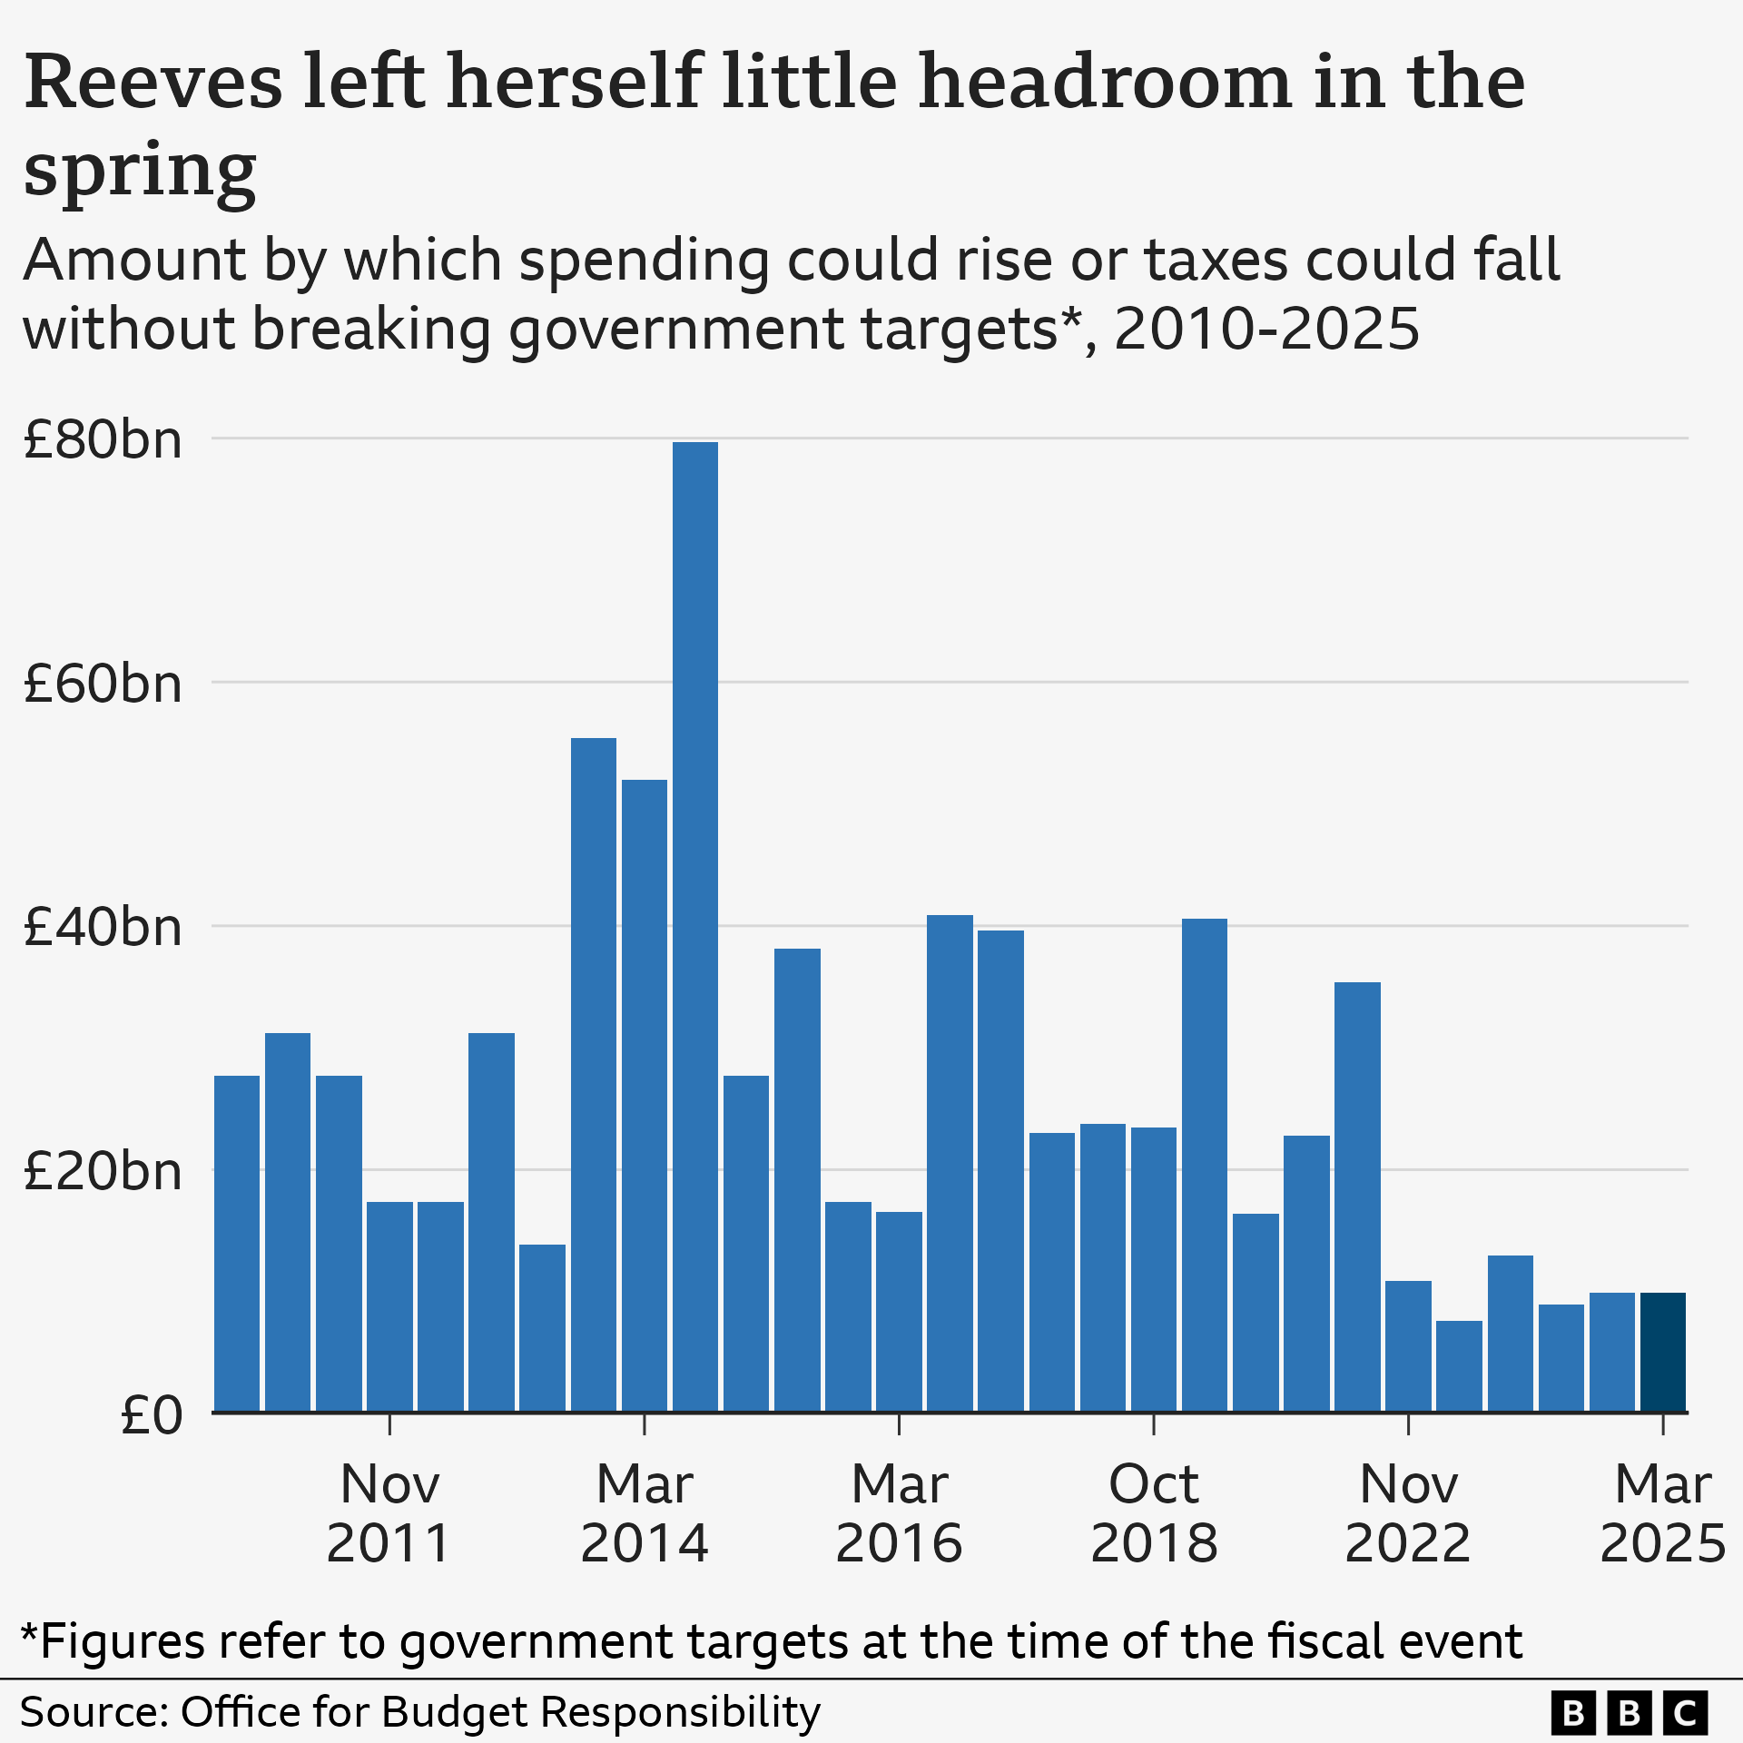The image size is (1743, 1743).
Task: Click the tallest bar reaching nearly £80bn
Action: pyautogui.click(x=694, y=926)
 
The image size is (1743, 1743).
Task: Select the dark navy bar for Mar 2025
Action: pyautogui.click(x=1662, y=1352)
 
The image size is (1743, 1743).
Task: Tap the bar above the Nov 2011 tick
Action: pyautogui.click(x=389, y=1306)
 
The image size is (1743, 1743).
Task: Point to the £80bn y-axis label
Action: pyautogui.click(x=103, y=440)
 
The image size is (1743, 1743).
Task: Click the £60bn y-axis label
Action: pyautogui.click(x=103, y=684)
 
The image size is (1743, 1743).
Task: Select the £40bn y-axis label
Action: pyautogui.click(x=103, y=928)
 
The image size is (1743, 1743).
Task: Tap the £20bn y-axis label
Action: pyautogui.click(x=103, y=1172)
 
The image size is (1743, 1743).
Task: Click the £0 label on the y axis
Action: pyautogui.click(x=151, y=1415)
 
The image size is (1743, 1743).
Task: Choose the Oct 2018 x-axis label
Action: pyautogui.click(x=1153, y=1513)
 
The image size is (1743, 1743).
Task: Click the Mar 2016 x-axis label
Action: pyautogui.click(x=899, y=1513)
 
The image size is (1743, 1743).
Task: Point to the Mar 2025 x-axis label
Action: pyautogui.click(x=1662, y=1513)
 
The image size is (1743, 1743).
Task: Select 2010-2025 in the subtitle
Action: pyautogui.click(x=1266, y=329)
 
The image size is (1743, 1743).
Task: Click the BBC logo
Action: pyautogui.click(x=1630, y=1712)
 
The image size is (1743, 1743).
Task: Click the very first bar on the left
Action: pyautogui.click(x=237, y=1243)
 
